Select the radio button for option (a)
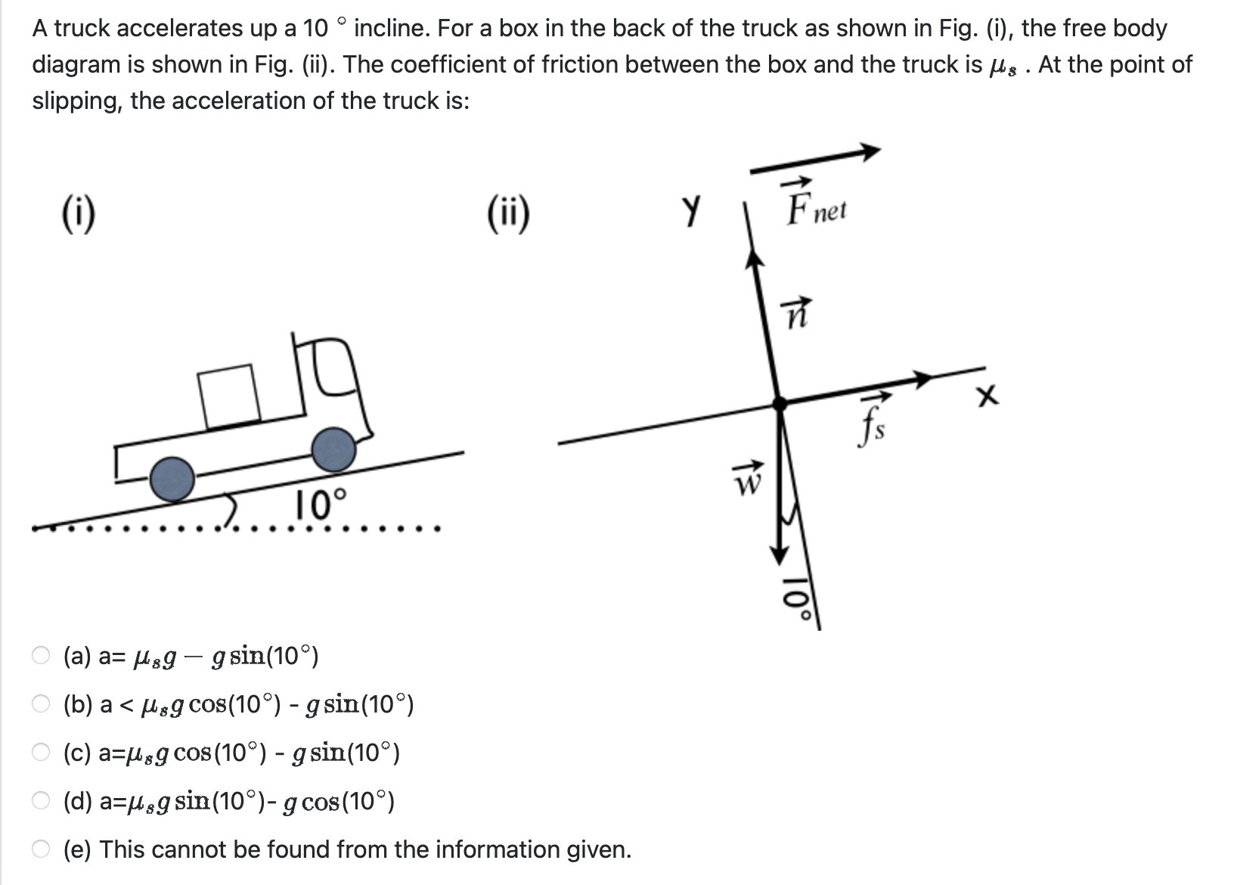[42, 655]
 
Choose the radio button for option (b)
[42, 704]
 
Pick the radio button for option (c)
[42, 753]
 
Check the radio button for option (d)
[42, 801]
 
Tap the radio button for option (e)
[42, 849]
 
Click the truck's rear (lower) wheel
[172, 479]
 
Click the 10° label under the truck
[321, 505]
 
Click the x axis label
[987, 396]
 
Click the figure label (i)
[78, 215]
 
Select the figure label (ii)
[508, 215]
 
